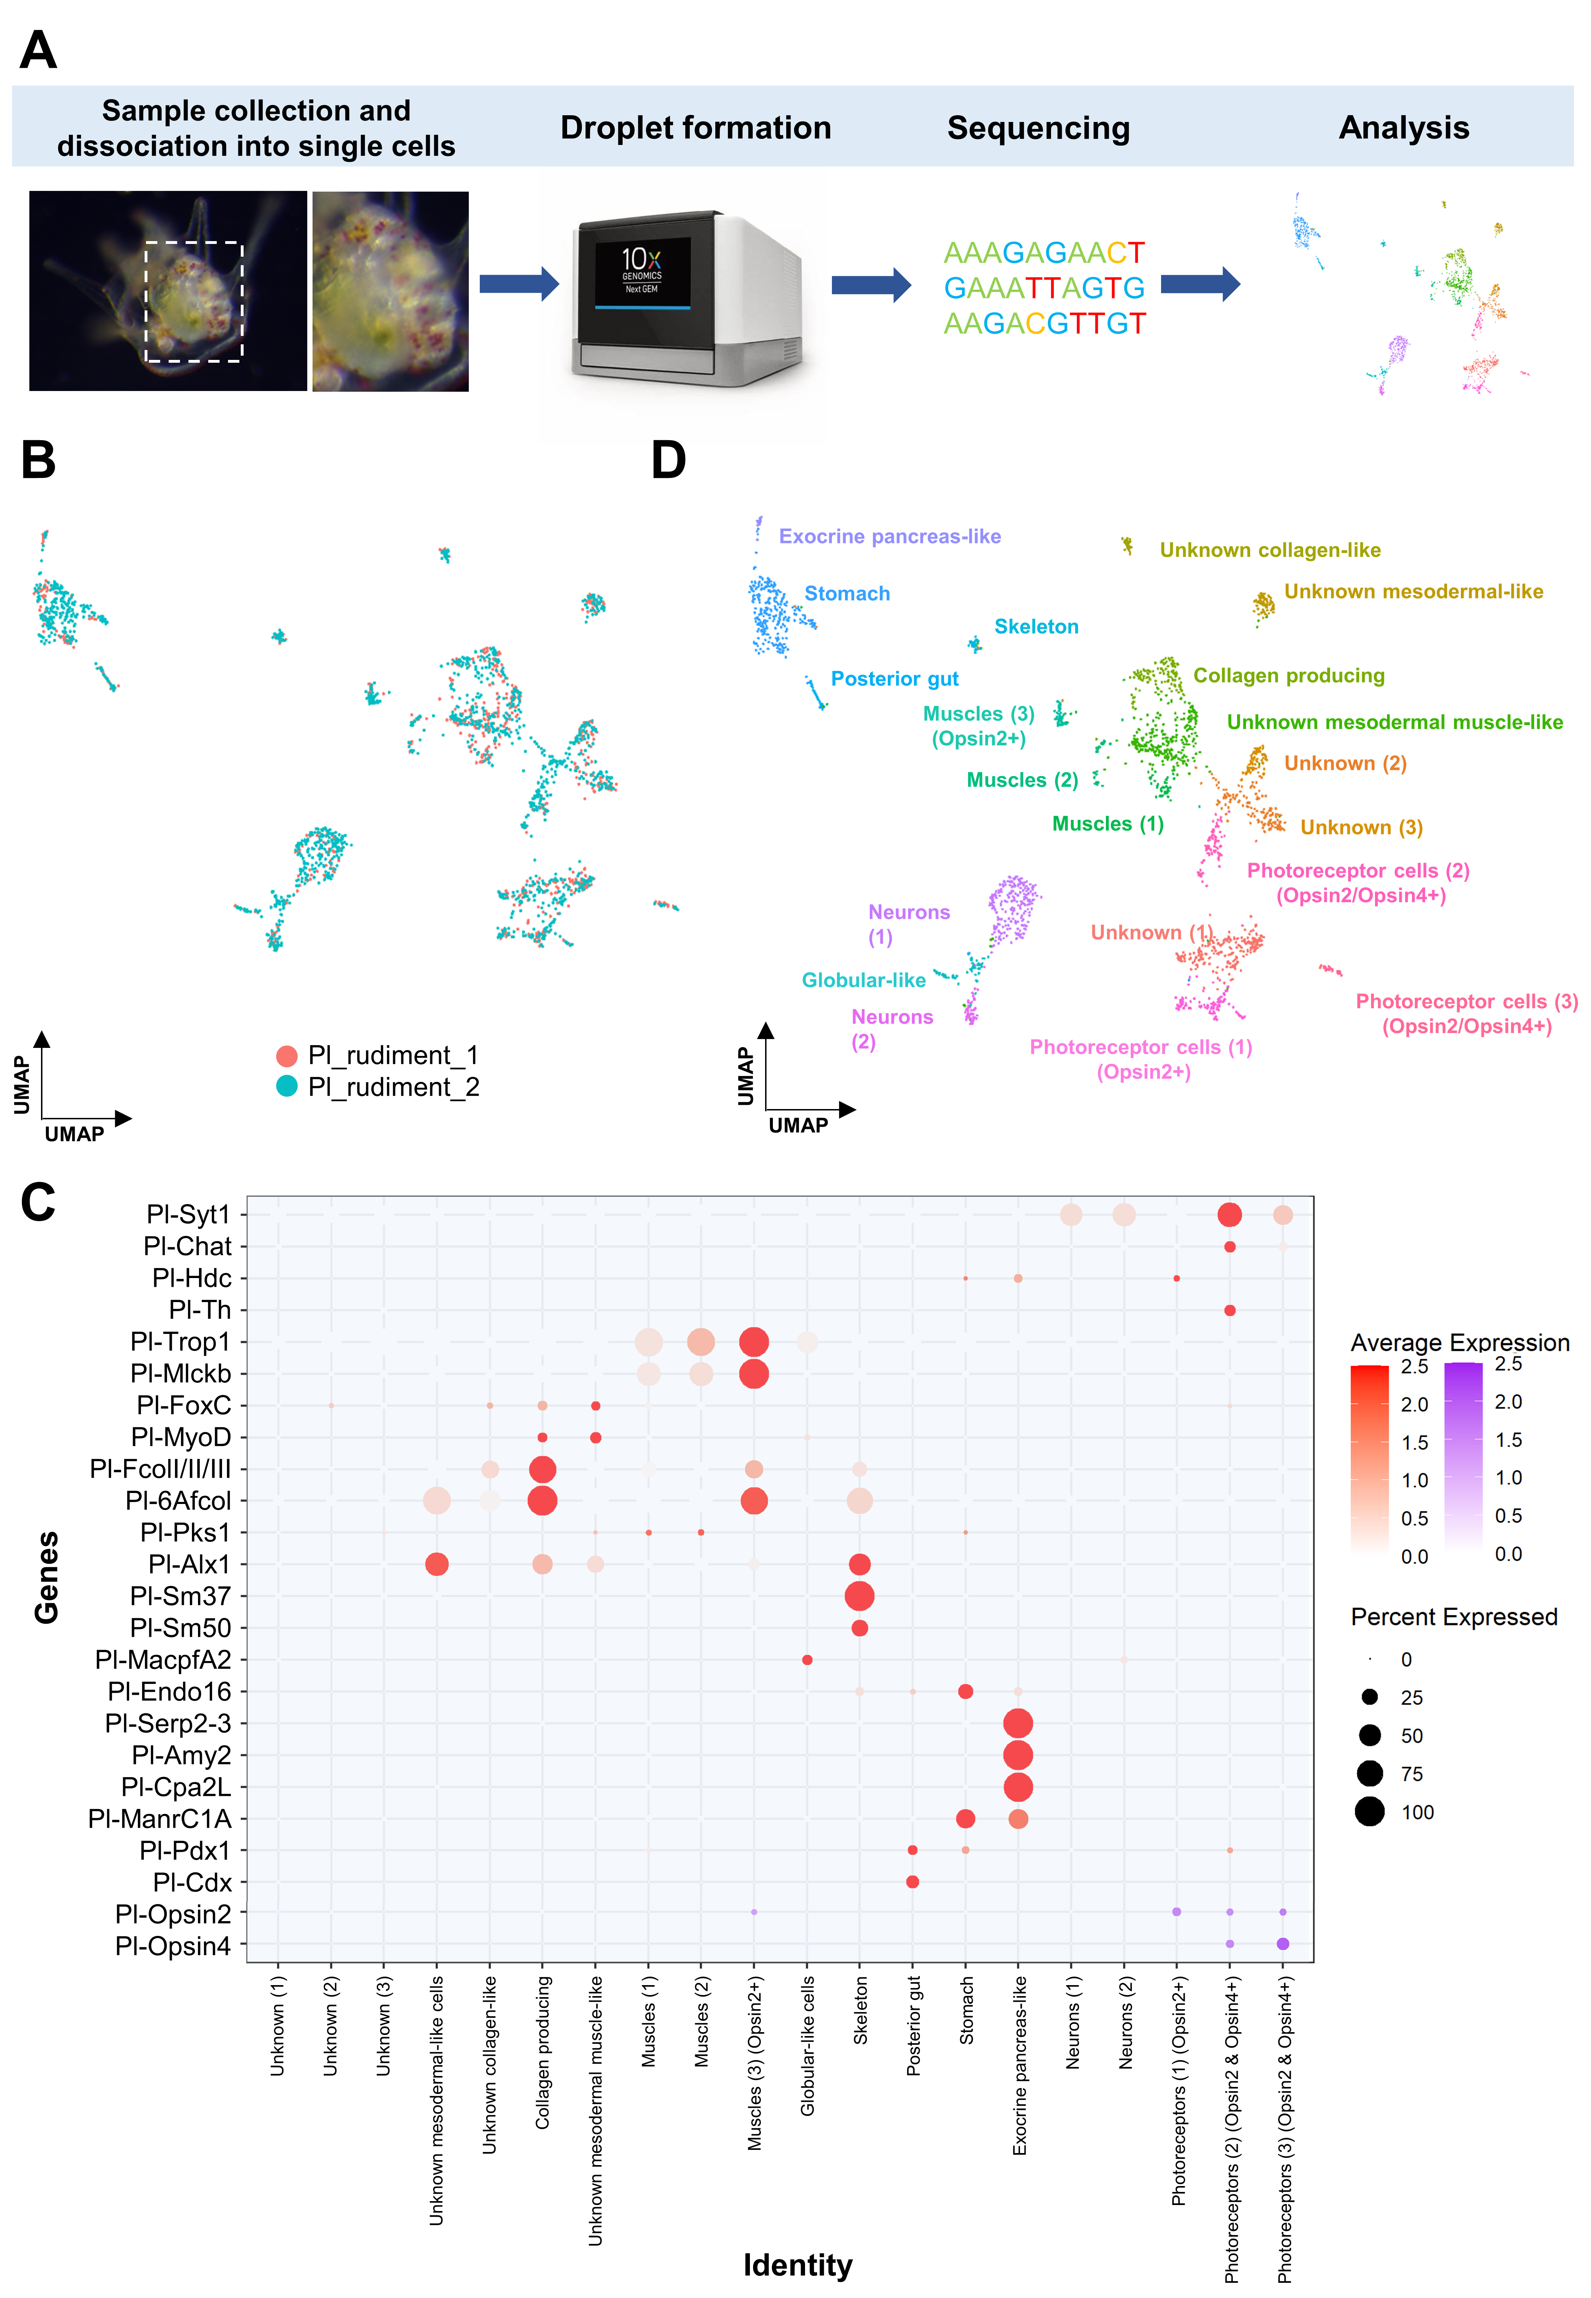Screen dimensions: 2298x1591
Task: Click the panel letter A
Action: [38, 50]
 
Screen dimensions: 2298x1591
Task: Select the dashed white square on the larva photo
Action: [194, 301]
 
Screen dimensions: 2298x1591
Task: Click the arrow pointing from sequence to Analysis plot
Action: [1199, 284]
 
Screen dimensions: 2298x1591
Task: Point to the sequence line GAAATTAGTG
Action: [1044, 288]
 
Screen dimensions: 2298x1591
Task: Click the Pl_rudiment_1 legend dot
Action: [287, 1055]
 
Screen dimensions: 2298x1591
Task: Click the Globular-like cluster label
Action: [863, 981]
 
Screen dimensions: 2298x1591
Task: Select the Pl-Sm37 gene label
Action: [180, 1597]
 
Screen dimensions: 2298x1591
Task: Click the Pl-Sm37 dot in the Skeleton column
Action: [859, 1597]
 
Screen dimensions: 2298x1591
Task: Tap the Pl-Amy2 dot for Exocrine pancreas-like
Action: [1018, 1755]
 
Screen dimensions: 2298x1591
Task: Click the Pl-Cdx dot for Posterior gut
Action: [912, 1883]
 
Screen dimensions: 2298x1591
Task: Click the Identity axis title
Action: [798, 2265]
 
